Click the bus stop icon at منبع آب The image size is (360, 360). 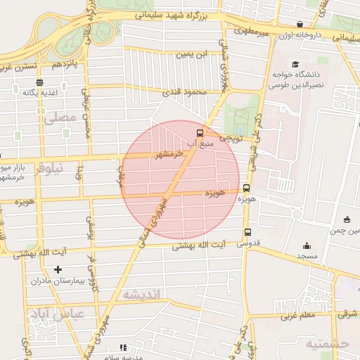[x=200, y=131]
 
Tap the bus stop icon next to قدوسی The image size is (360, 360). [x=247, y=233]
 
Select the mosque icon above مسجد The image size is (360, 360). [x=307, y=245]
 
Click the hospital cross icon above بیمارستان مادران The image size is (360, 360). [x=58, y=269]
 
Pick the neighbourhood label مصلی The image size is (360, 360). [x=58, y=120]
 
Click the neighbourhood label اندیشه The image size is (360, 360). [x=141, y=293]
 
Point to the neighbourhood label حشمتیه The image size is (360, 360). [x=326, y=343]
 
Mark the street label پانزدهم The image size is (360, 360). [x=60, y=65]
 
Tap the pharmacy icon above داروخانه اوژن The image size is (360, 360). [x=300, y=24]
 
